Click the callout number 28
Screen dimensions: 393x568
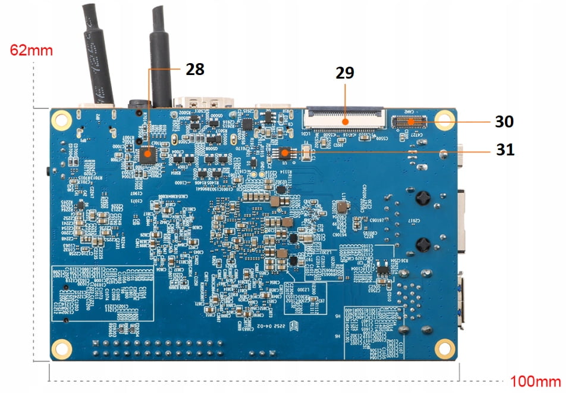pos(195,70)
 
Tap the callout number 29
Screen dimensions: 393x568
pos(345,73)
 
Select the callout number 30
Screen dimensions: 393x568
pos(504,121)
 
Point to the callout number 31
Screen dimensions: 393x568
pos(505,151)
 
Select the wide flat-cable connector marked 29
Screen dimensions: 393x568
pos(344,119)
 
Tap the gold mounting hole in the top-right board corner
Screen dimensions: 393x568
pos(444,119)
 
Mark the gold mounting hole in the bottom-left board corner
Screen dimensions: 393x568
pos(62,349)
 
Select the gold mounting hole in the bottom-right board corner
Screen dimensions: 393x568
pos(444,348)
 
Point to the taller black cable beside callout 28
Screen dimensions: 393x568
pos(160,54)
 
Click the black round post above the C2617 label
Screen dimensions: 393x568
pos(423,197)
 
